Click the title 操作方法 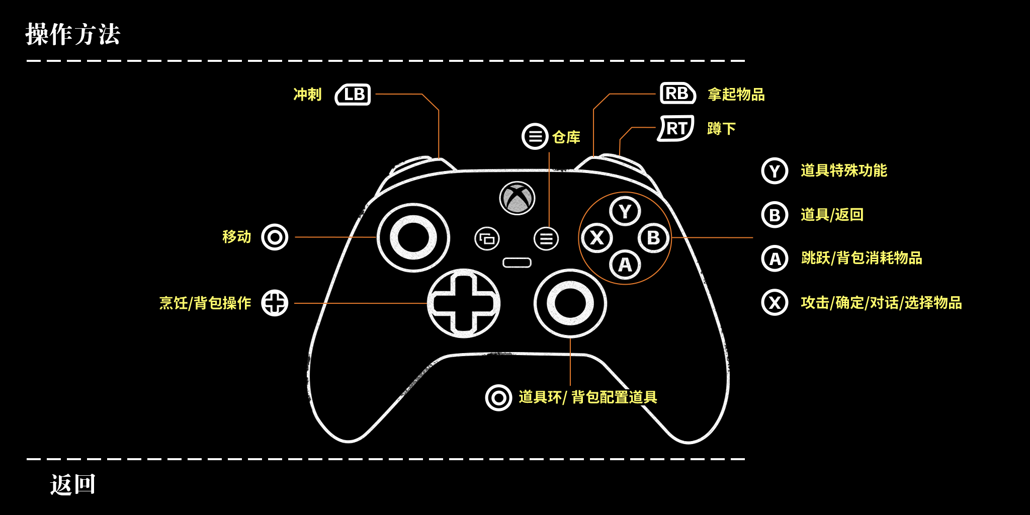click(x=73, y=35)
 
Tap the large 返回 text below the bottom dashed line click(x=73, y=484)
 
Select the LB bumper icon click(x=353, y=95)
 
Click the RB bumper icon click(x=677, y=94)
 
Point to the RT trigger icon click(x=676, y=128)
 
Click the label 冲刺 click(x=307, y=95)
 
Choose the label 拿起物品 click(x=736, y=95)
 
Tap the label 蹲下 click(x=721, y=129)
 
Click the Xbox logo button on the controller click(x=517, y=198)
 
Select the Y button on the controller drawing click(x=625, y=211)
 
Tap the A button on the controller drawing click(x=625, y=265)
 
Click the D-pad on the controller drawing click(x=463, y=303)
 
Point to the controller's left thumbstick click(x=413, y=237)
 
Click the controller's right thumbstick click(x=570, y=303)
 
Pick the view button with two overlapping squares click(x=487, y=238)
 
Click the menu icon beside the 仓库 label click(x=535, y=136)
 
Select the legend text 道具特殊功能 click(x=843, y=170)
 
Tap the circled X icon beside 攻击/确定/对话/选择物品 click(x=775, y=303)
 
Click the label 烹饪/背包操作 click(x=205, y=303)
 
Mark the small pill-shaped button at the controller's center click(x=517, y=263)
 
